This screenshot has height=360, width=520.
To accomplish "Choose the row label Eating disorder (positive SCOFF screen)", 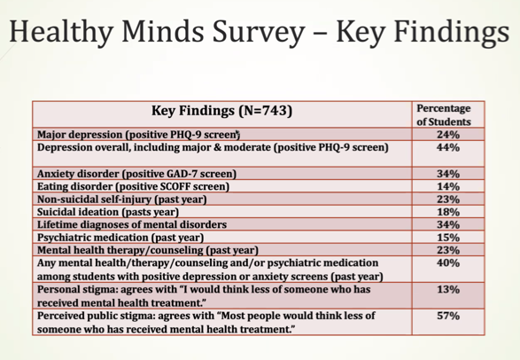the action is click(134, 187).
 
